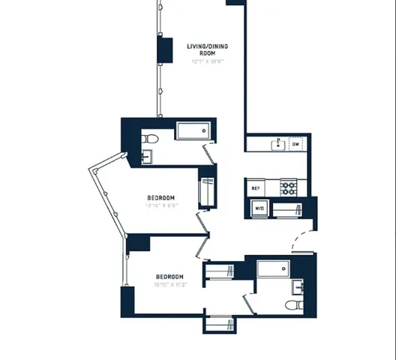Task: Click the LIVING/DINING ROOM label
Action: point(207,49)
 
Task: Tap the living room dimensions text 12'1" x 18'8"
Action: point(207,62)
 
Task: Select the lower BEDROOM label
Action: point(170,275)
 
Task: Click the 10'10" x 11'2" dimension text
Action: point(170,284)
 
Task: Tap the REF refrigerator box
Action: point(256,188)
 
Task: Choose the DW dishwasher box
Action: point(296,144)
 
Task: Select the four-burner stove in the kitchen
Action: point(288,187)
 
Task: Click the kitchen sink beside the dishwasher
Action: point(278,143)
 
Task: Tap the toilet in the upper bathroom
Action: point(149,139)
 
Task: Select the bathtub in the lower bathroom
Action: point(273,269)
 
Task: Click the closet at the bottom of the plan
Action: point(220,324)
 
